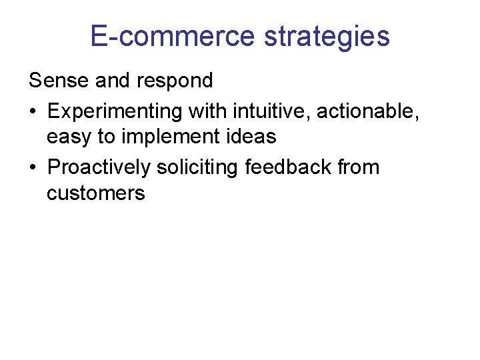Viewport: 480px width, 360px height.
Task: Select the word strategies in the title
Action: click(327, 37)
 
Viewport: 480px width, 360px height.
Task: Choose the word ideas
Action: click(251, 137)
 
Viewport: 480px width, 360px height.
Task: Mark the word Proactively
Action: click(99, 167)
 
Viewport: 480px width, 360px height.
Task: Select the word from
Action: click(358, 166)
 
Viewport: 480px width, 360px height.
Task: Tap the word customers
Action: click(95, 194)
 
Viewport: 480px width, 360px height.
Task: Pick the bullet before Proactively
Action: click(33, 167)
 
